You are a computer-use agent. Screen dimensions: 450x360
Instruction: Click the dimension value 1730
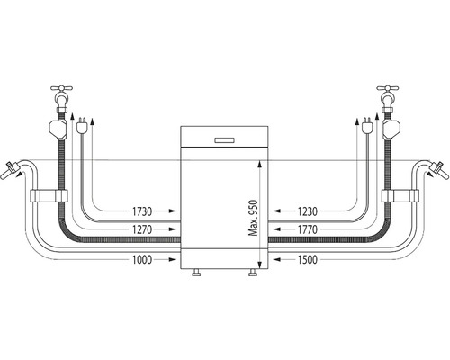click(x=142, y=211)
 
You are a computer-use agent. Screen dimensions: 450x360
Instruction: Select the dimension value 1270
click(x=142, y=229)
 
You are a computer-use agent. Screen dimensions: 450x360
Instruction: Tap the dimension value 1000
click(x=142, y=260)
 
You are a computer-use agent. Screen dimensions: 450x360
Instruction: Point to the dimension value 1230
click(x=308, y=211)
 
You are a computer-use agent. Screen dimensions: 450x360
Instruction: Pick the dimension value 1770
click(x=308, y=229)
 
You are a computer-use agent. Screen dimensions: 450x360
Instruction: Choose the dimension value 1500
click(x=308, y=260)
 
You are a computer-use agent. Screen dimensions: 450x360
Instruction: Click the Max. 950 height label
click(x=254, y=218)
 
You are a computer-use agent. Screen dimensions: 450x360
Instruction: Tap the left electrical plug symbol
click(x=81, y=126)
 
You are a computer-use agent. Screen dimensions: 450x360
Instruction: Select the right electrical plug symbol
click(x=366, y=126)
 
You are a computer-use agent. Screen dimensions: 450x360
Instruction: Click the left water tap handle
click(x=61, y=88)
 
